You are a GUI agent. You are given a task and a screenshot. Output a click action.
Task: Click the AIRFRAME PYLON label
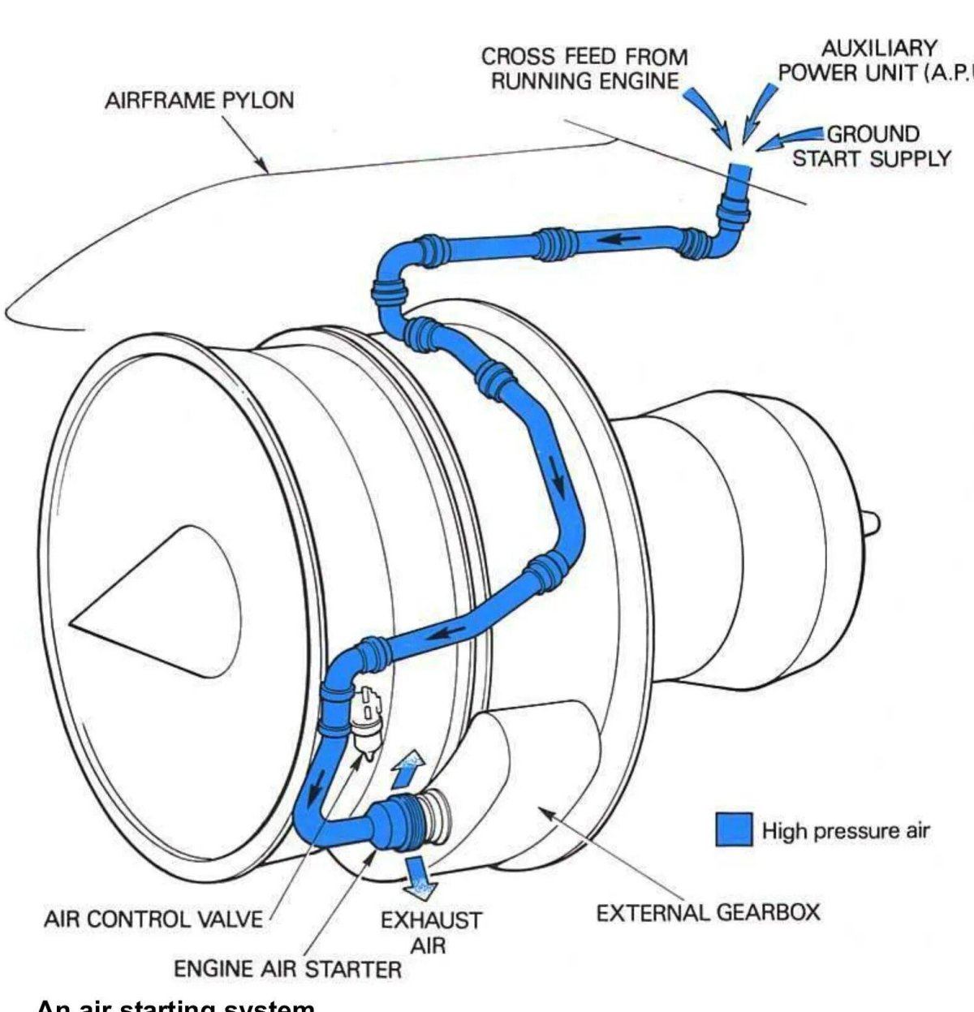point(200,102)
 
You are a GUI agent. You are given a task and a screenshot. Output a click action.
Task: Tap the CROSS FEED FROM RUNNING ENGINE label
point(584,69)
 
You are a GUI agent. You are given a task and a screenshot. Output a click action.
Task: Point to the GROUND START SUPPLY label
point(872,145)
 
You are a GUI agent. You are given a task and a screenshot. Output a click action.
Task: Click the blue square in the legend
point(734,829)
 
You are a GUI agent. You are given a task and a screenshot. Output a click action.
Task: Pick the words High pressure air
point(845,830)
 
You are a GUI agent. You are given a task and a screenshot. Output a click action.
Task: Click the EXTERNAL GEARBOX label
point(708,912)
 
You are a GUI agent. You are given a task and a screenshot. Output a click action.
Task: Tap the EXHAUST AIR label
point(431,932)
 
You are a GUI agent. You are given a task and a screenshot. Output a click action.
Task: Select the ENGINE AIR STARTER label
point(288,968)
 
